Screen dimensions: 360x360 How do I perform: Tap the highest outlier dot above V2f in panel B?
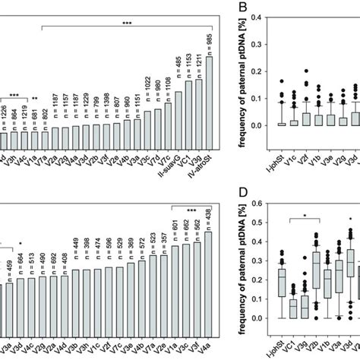(306, 71)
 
